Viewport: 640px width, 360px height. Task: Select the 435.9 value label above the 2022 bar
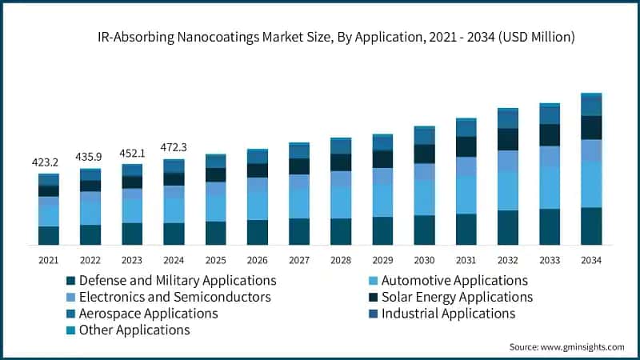[x=90, y=156]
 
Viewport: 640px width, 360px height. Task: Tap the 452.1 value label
[x=132, y=152]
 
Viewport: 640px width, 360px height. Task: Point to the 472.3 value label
[x=174, y=146]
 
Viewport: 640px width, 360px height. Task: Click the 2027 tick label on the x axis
[x=299, y=260]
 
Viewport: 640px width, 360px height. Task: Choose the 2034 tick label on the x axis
[x=591, y=260]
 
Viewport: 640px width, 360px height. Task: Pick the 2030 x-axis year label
[x=424, y=260]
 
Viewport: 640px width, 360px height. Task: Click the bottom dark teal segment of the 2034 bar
[x=591, y=226]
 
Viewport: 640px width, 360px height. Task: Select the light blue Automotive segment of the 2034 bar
[x=591, y=184]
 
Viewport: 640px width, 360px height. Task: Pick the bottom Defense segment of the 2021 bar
[x=49, y=235]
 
